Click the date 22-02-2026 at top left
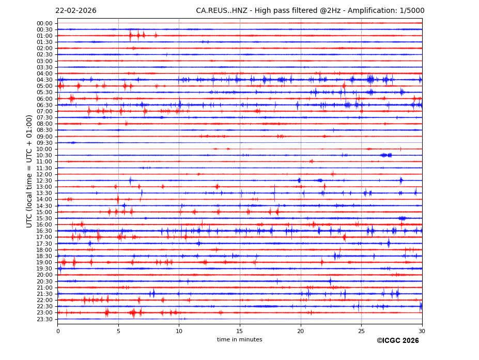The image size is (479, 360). [x=75, y=11]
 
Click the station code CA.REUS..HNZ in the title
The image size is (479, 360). [x=222, y=11]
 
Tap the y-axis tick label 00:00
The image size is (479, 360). [x=44, y=23]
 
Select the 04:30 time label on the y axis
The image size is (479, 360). [x=44, y=80]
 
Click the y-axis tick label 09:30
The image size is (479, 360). [x=44, y=143]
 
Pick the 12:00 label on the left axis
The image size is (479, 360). [x=44, y=174]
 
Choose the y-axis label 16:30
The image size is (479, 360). [x=44, y=231]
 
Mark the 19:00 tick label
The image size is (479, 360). [x=44, y=262]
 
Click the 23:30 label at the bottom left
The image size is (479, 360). [x=44, y=319]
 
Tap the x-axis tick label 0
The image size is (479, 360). [x=58, y=331]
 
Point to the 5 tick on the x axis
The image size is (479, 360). [x=118, y=331]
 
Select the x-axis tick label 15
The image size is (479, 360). [x=240, y=331]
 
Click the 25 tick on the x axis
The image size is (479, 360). [x=361, y=331]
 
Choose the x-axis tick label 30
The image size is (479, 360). [x=422, y=331]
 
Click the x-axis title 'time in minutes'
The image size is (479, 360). [x=239, y=340]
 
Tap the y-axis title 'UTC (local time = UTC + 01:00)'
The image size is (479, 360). [x=29, y=171]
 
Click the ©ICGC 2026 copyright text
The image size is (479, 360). [x=397, y=341]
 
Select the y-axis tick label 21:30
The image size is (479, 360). [x=44, y=294]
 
